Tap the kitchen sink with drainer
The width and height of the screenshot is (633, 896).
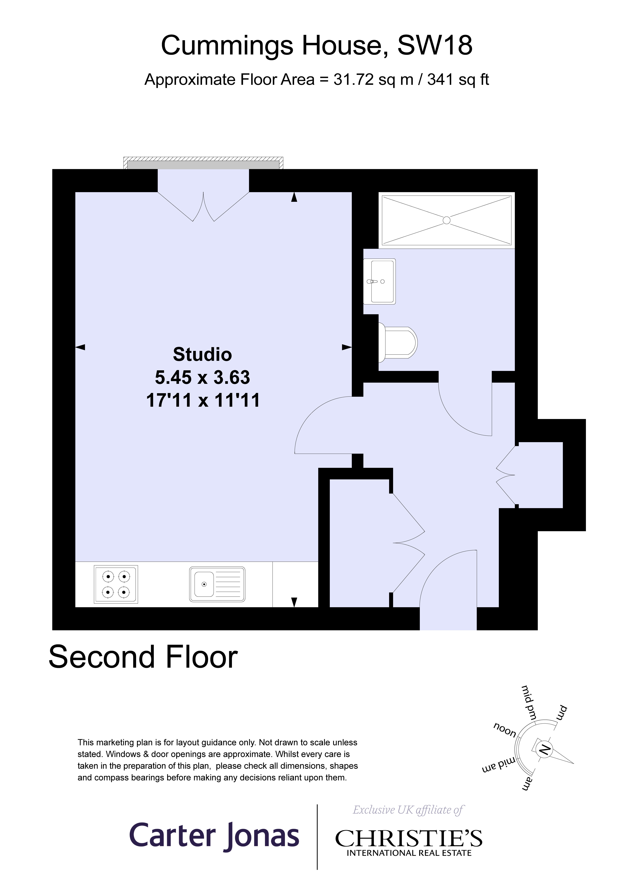[217, 584]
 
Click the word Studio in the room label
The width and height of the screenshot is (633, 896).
[202, 354]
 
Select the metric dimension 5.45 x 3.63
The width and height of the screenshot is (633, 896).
[202, 377]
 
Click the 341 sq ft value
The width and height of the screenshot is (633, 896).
[458, 80]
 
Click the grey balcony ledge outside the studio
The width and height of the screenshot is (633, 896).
[203, 165]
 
